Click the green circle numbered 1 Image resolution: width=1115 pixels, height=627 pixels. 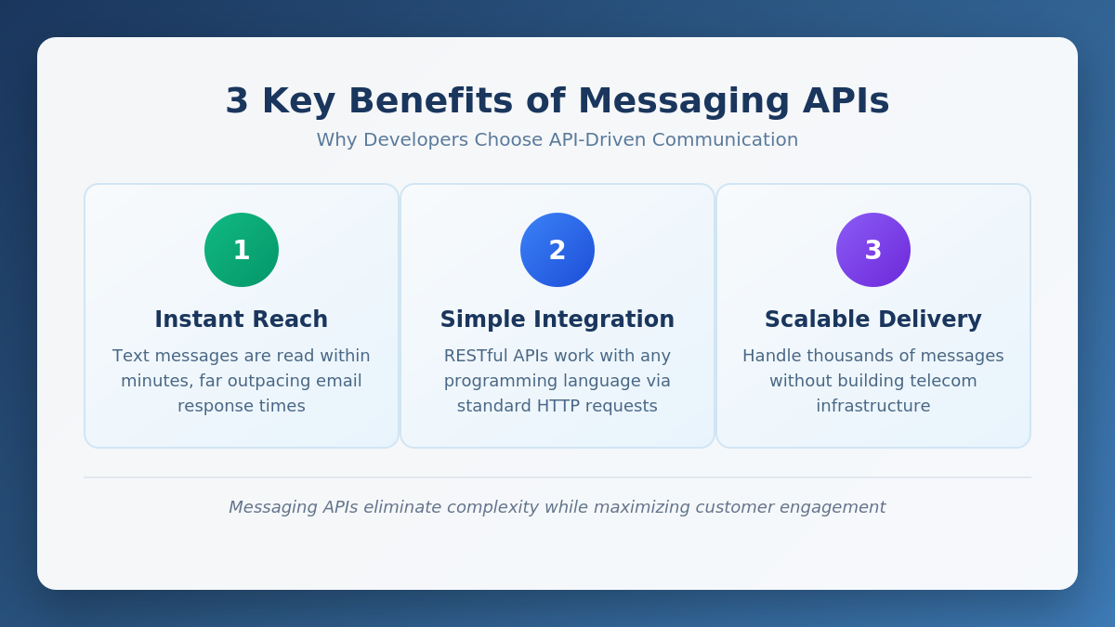point(242,250)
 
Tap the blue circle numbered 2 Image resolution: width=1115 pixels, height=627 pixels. point(557,250)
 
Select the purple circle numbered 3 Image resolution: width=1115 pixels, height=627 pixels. point(873,250)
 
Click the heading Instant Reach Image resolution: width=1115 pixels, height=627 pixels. point(242,320)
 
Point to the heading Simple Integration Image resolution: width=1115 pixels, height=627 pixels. point(557,320)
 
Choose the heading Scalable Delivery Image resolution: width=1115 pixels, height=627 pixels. point(873,320)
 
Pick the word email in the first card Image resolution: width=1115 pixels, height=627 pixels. point(338,381)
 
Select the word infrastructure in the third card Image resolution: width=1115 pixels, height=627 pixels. point(873,406)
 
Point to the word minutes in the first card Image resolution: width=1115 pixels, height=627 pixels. point(151,381)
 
